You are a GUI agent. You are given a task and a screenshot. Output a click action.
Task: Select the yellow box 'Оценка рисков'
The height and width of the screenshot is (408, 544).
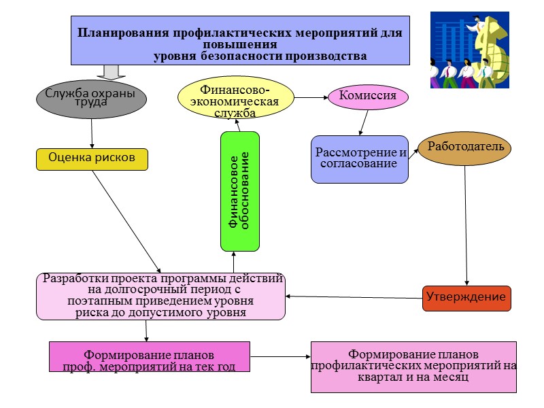[x=91, y=158]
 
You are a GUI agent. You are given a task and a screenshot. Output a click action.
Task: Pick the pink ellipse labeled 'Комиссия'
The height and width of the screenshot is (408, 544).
[x=368, y=96]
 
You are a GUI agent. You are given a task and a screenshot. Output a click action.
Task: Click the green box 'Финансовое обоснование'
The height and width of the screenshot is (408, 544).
[x=239, y=191]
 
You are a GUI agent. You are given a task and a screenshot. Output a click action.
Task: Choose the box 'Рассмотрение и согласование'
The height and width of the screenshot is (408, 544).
[x=359, y=159]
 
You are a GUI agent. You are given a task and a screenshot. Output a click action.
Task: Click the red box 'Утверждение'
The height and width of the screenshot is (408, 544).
[x=466, y=298]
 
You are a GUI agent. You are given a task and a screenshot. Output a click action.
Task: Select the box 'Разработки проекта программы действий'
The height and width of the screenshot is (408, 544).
[x=160, y=296]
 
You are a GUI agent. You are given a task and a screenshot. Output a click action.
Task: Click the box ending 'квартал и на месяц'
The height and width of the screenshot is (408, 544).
[x=413, y=367]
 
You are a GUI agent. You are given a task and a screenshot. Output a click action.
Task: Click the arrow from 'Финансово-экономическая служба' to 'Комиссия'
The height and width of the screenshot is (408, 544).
[x=310, y=97]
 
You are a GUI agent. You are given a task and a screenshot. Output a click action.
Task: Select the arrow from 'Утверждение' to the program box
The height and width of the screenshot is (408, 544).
[x=354, y=296]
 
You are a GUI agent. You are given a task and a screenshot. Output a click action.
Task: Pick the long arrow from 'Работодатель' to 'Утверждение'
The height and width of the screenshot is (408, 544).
[x=466, y=224]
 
